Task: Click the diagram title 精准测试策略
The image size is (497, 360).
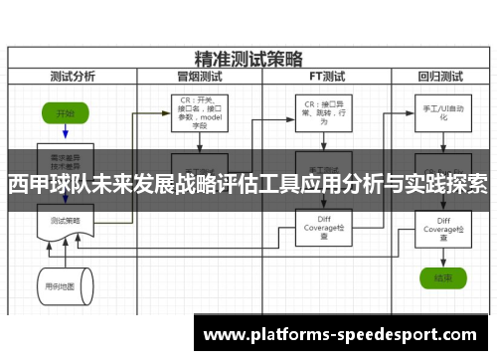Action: (248, 59)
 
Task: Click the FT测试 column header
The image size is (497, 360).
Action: (326, 75)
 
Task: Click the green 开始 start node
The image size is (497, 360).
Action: (65, 113)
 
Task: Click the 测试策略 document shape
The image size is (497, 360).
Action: (65, 221)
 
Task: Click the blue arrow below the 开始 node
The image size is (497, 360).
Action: (65, 133)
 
